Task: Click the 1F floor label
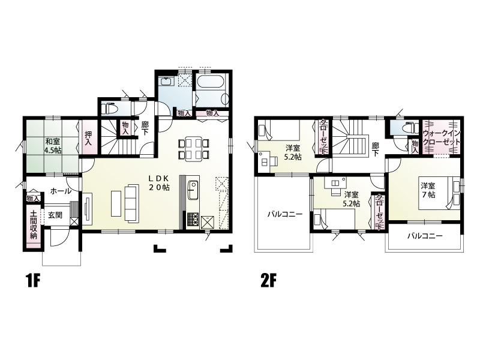[x=33, y=281]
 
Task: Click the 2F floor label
[x=268, y=281]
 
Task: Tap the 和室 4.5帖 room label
[x=53, y=146]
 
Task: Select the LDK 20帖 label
[x=159, y=183]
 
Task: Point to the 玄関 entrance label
[x=55, y=215]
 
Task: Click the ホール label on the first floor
[x=61, y=191]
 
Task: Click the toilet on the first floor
[x=109, y=109]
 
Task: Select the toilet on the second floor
[x=409, y=126]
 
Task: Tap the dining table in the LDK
[x=193, y=149]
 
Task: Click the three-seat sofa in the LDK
[x=131, y=203]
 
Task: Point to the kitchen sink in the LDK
[x=193, y=190]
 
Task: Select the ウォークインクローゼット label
[x=441, y=138]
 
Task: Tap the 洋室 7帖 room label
[x=428, y=190]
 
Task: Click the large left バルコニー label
[x=285, y=214]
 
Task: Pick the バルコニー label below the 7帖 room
[x=425, y=236]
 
